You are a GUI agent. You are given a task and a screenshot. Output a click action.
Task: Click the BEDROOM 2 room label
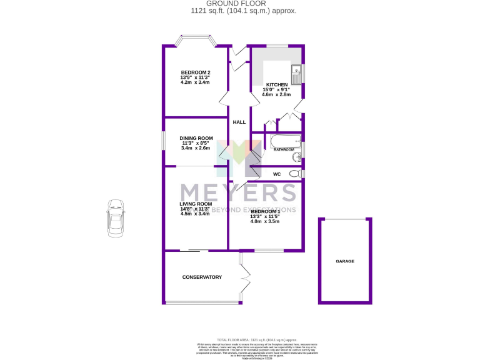[195, 72]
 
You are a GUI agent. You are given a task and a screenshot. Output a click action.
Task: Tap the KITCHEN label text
[277, 85]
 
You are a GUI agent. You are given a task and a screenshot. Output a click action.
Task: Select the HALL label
[239, 122]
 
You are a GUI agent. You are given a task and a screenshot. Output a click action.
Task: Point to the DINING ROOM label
[196, 138]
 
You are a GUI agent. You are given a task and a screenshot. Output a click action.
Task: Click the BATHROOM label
[284, 150]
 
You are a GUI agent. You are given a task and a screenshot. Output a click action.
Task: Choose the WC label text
[277, 174]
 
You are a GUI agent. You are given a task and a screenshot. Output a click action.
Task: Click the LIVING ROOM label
[196, 204]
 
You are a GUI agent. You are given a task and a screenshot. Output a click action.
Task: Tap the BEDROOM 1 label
[265, 211]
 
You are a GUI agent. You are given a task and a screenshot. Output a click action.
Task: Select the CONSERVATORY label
[202, 277]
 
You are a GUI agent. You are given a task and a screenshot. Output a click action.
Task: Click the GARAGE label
[345, 261]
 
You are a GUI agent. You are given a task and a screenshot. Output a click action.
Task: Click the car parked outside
[115, 218]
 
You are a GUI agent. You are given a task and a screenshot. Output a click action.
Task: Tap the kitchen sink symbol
[296, 73]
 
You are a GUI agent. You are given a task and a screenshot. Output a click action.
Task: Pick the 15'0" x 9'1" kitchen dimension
[277, 90]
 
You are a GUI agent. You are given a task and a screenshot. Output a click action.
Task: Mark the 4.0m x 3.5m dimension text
[265, 221]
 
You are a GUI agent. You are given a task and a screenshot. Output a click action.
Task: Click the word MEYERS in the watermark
[238, 191]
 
